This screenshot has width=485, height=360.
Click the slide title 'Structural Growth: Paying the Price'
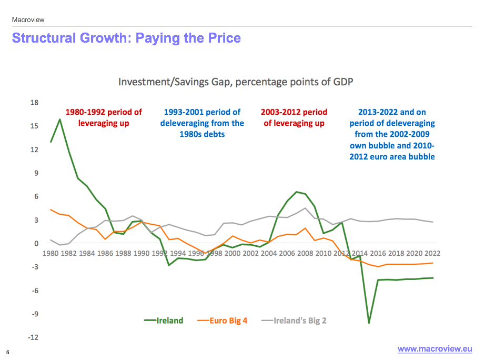coord(126,38)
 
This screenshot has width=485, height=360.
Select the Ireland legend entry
coord(164,321)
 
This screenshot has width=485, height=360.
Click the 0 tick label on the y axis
coord(37,244)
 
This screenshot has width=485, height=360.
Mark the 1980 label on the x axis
coord(50,253)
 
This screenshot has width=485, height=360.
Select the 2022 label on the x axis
coord(432,253)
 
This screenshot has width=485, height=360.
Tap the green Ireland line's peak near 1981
coord(60,119)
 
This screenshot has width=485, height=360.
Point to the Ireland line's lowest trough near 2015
coord(369,322)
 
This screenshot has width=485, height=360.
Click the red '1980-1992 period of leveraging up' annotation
coord(104,117)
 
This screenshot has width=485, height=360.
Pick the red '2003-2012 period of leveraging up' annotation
coord(294,117)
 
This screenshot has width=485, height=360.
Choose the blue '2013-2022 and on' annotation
coord(392,134)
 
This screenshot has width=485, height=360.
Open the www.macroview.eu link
coord(435,349)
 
